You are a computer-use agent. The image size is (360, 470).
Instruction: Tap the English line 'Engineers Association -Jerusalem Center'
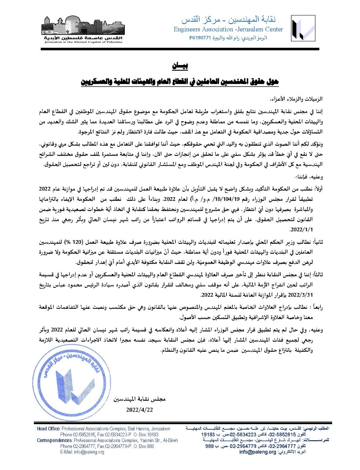[228, 29]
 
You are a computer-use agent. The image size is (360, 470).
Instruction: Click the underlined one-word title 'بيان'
[180, 66]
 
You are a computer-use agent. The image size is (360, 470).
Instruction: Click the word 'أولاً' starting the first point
[317, 188]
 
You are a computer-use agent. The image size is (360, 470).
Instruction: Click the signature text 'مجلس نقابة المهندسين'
[139, 399]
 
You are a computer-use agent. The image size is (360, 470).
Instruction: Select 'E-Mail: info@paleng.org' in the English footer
[82, 452]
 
